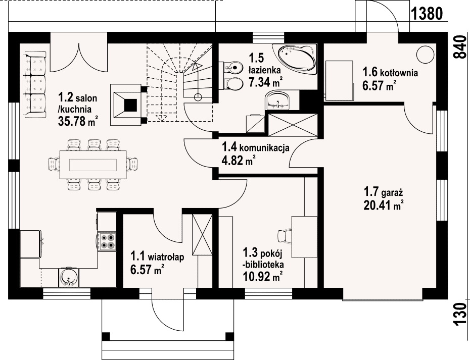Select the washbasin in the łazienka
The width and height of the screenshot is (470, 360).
tap(277, 100)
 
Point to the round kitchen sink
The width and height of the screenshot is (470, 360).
tap(68, 278)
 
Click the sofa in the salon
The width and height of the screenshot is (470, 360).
tap(35, 84)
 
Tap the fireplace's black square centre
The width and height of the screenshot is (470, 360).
tap(131, 105)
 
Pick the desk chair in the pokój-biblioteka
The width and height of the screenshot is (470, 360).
tap(285, 236)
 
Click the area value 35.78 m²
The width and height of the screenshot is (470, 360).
tap(78, 121)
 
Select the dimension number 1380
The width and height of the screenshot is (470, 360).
tap(427, 14)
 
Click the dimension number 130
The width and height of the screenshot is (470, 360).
tap(460, 315)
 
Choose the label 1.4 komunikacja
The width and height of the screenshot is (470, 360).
tap(255, 147)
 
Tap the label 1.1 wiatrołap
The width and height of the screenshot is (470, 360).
tap(157, 256)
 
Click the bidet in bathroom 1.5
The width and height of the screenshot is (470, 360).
tap(233, 67)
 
